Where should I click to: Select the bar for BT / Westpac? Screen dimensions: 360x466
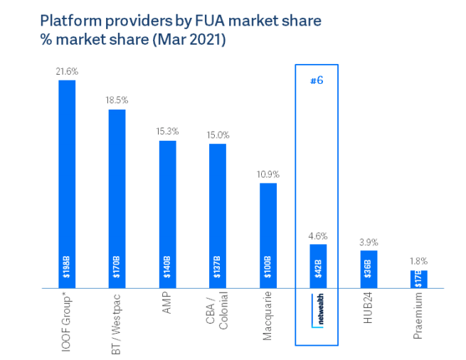[117, 198]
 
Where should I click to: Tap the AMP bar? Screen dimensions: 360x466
[167, 214]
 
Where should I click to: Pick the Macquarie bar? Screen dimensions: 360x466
[268, 235]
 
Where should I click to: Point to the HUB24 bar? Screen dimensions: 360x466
[369, 269]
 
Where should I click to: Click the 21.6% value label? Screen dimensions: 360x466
[67, 72]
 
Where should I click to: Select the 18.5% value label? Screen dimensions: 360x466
[117, 101]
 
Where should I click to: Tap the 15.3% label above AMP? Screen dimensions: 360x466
[167, 132]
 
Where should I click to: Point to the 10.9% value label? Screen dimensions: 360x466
[268, 174]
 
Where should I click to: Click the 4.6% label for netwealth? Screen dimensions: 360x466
[318, 235]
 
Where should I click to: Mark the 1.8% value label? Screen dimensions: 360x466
[419, 261]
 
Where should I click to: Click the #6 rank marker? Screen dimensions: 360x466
[317, 80]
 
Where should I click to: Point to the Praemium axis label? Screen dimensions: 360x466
[419, 314]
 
